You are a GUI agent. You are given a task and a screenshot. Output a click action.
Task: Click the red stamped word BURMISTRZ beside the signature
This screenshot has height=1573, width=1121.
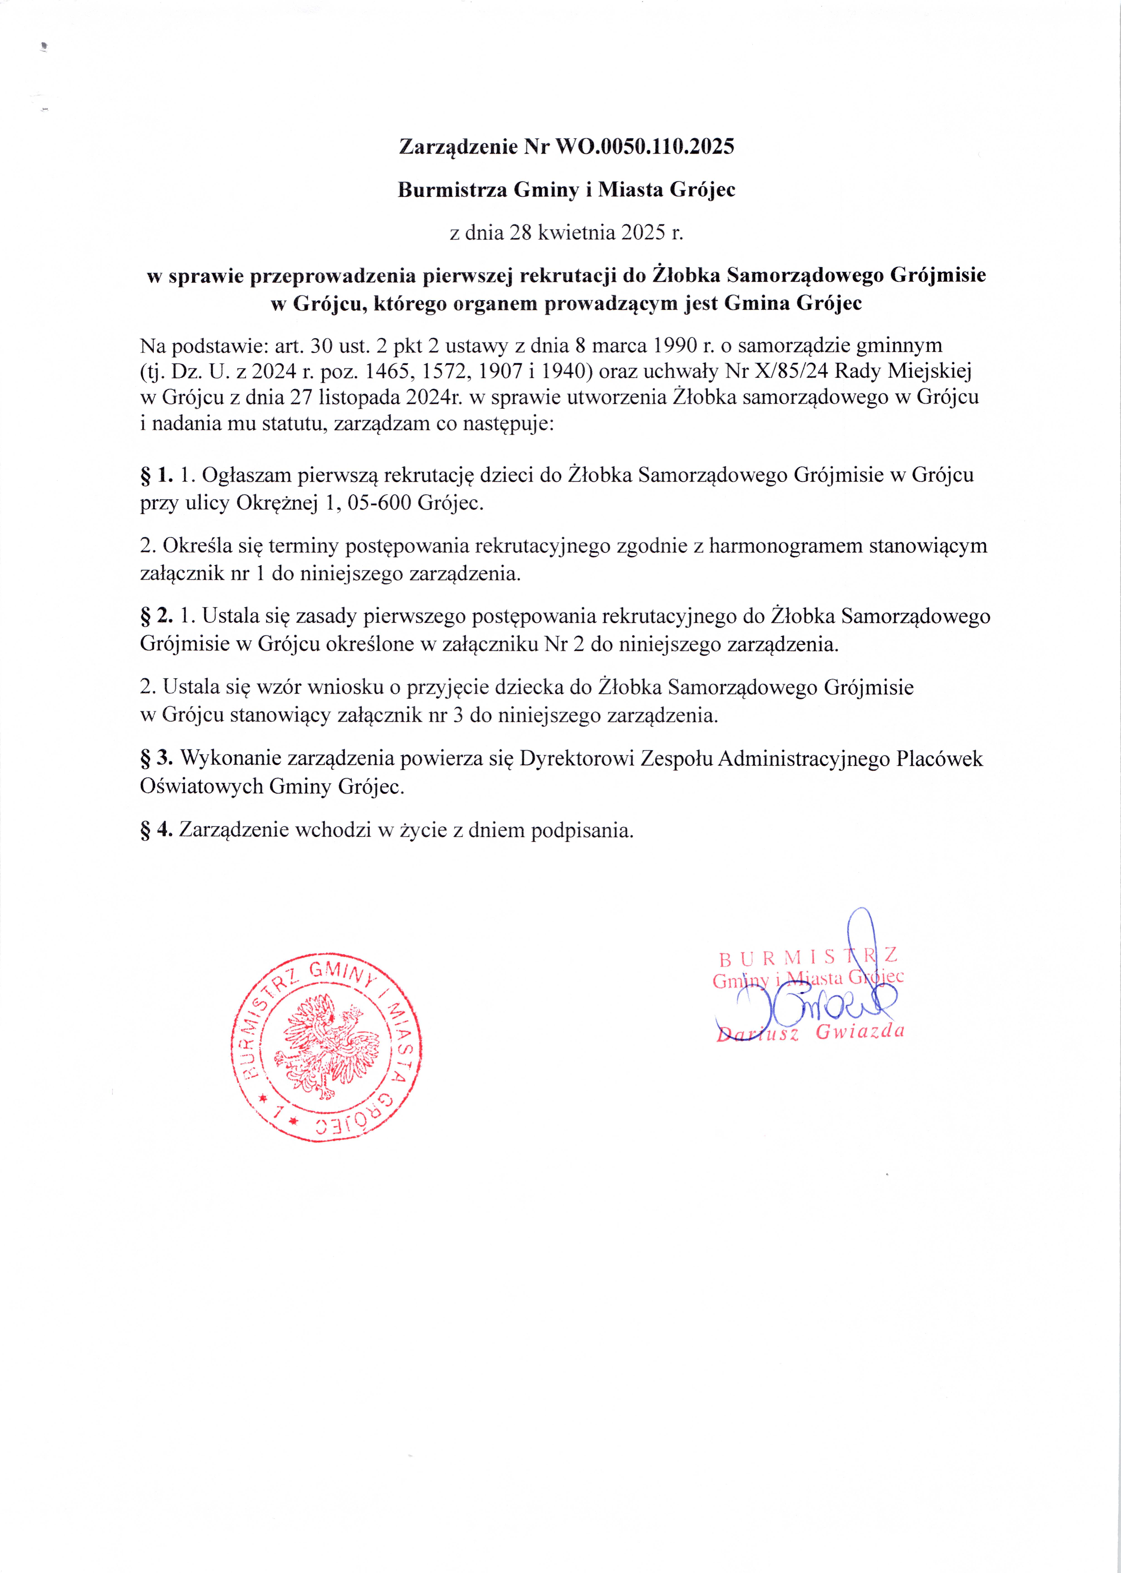tap(808, 958)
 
